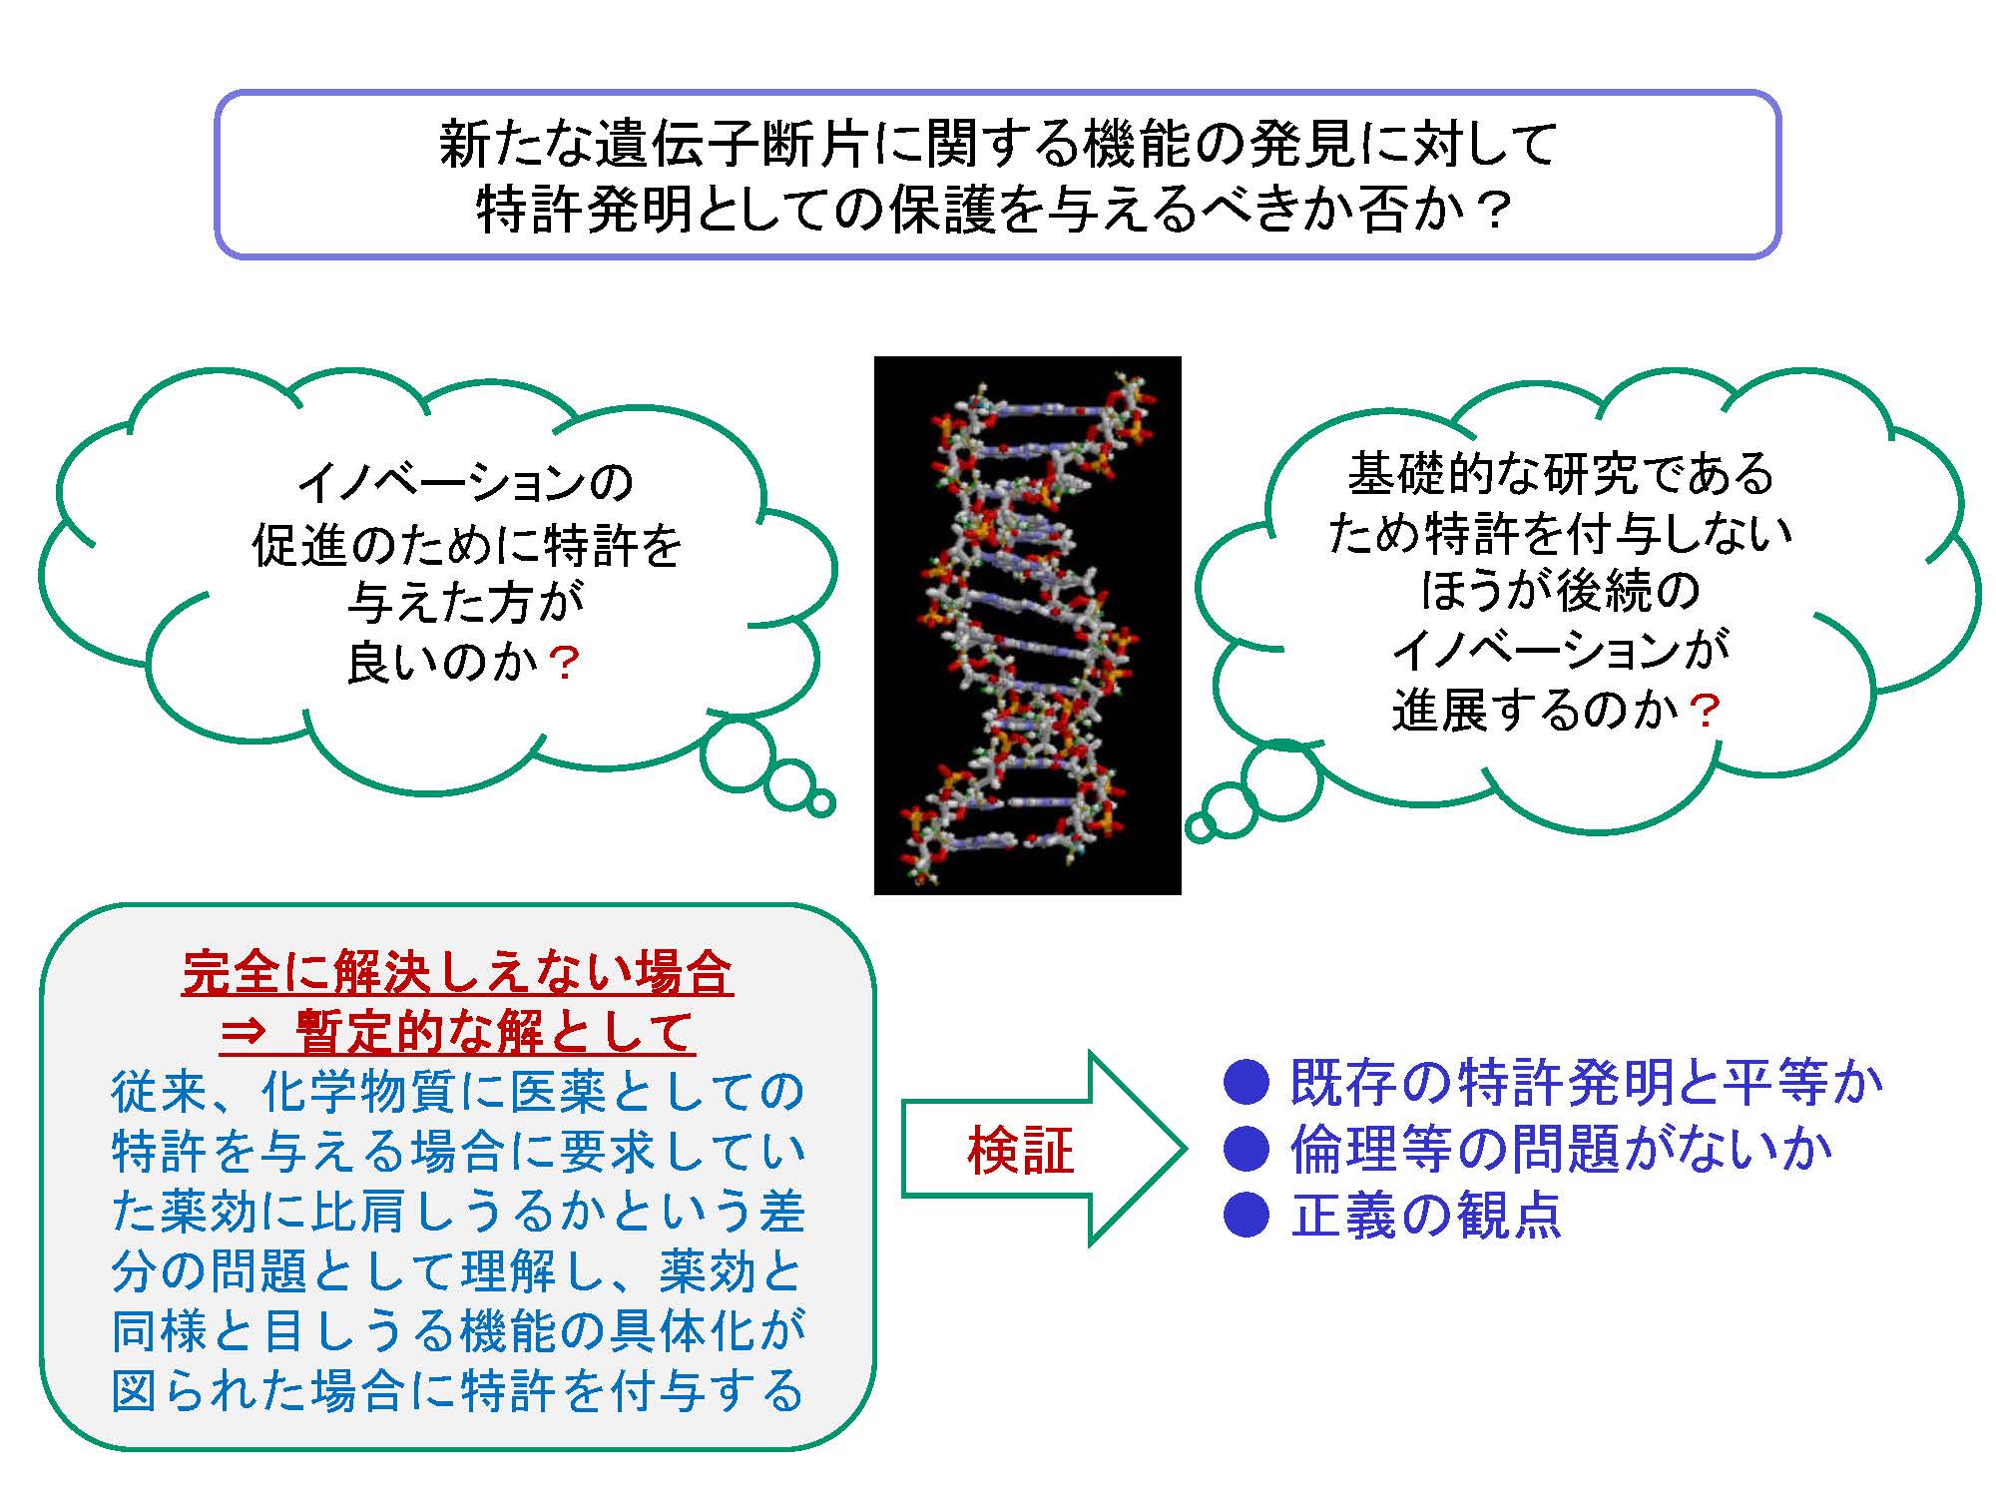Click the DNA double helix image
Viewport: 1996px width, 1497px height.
(x=1027, y=625)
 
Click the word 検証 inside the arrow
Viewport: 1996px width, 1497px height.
(x=1021, y=1150)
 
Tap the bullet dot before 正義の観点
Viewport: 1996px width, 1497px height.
(x=1247, y=1215)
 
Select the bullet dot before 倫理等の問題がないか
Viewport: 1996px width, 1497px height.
(x=1247, y=1149)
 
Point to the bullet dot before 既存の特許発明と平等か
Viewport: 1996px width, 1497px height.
(x=1247, y=1083)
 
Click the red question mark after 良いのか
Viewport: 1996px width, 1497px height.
(x=564, y=663)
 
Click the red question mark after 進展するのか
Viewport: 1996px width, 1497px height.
(x=1706, y=712)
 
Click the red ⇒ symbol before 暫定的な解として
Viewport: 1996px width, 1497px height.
(x=246, y=1031)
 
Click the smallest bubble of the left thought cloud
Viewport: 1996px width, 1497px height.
(x=820, y=802)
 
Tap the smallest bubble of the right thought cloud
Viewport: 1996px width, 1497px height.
(x=1200, y=827)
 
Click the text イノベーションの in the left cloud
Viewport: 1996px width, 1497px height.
(x=466, y=483)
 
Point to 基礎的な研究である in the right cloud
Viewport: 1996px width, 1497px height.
(x=1561, y=473)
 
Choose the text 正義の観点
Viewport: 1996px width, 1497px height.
(x=1426, y=1216)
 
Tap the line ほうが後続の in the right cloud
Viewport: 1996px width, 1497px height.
(x=1560, y=591)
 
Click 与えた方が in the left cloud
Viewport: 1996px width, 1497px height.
(x=466, y=602)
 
